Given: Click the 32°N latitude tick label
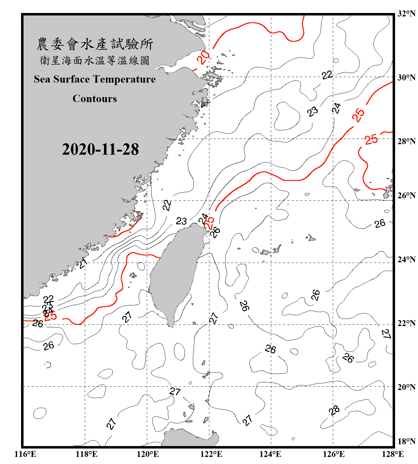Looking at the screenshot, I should [406, 14].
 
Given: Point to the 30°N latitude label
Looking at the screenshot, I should [406, 78].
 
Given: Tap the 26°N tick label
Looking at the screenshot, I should [406, 195].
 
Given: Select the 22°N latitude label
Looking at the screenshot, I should [406, 323].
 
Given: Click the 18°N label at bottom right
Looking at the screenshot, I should [406, 441].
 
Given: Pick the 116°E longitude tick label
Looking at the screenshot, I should [25, 454].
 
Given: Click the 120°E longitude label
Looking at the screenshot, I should [148, 454].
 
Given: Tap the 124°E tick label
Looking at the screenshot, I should [270, 454].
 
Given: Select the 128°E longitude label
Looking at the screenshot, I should [393, 454].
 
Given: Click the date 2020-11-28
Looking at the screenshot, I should [100, 149].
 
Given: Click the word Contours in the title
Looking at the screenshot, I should [95, 99].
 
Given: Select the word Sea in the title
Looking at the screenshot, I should [42, 79].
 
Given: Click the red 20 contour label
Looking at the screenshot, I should [203, 58].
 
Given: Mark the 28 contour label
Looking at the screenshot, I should [334, 411].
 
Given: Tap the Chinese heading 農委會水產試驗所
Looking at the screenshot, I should [95, 44].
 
